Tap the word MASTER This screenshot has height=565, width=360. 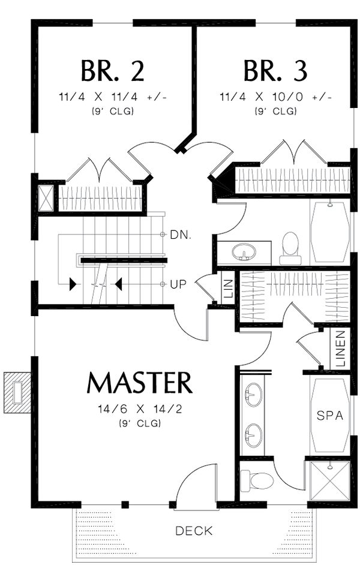click(139, 383)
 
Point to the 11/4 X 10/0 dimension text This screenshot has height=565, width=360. click(275, 97)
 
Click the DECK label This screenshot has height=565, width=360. click(194, 530)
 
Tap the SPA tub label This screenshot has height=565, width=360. click(329, 416)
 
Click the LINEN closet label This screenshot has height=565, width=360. click(340, 349)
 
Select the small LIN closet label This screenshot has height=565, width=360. click(228, 289)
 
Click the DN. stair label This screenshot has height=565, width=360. click(180, 235)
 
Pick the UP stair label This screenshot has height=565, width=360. click(178, 284)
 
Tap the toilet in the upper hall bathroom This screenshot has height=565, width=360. click(290, 248)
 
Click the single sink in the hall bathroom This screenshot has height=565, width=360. click(244, 252)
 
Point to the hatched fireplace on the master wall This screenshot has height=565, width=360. click(17, 393)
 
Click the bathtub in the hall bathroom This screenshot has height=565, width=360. click(329, 231)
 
